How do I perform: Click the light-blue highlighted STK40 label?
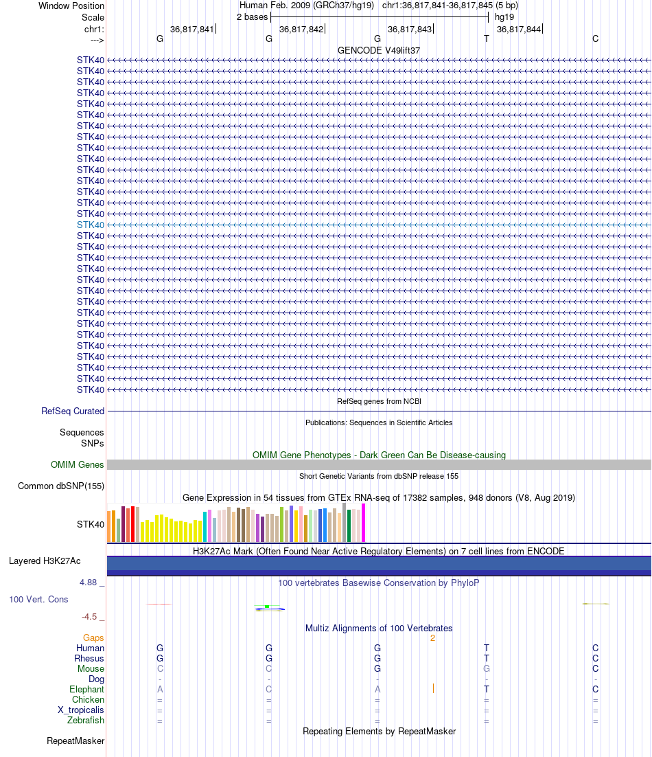click(x=91, y=225)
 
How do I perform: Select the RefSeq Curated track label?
click(x=73, y=411)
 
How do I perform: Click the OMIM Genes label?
click(x=78, y=465)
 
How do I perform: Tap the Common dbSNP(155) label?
click(x=61, y=486)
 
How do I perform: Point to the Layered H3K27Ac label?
click(x=56, y=561)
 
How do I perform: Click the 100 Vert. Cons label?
click(x=38, y=600)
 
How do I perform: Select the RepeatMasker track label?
click(x=75, y=741)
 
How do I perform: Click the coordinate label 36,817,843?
click(x=410, y=30)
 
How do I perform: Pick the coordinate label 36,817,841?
click(x=192, y=30)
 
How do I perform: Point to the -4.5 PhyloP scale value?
click(x=90, y=617)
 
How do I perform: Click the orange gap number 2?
click(x=432, y=638)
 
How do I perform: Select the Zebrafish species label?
click(x=86, y=721)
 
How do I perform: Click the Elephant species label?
click(x=86, y=690)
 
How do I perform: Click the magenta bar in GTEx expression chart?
click(x=364, y=523)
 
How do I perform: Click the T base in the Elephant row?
click(x=487, y=690)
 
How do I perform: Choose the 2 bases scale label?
click(x=253, y=16)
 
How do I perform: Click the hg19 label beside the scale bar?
click(x=504, y=16)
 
